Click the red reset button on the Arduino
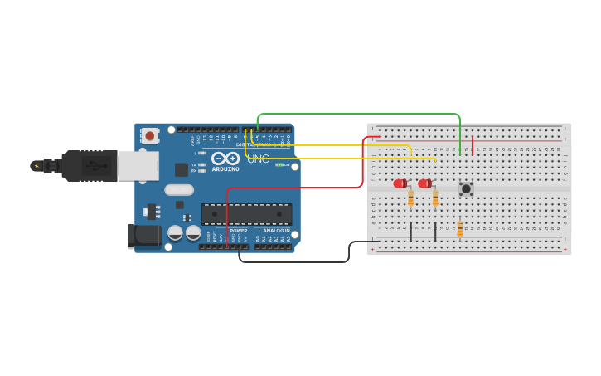[149, 134]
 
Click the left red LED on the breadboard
[400, 183]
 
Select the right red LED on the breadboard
[424, 183]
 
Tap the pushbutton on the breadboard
[466, 189]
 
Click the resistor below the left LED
[410, 198]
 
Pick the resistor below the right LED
[435, 198]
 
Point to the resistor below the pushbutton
[460, 229]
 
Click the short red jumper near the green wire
[473, 145]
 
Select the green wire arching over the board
[356, 114]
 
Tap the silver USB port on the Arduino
[138, 166]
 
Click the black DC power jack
[144, 235]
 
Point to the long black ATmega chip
[246, 214]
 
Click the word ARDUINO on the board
[225, 169]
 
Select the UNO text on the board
[259, 159]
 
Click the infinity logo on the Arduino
[225, 158]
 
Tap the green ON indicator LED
[279, 164]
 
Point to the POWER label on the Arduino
[238, 230]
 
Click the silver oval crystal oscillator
[179, 190]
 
